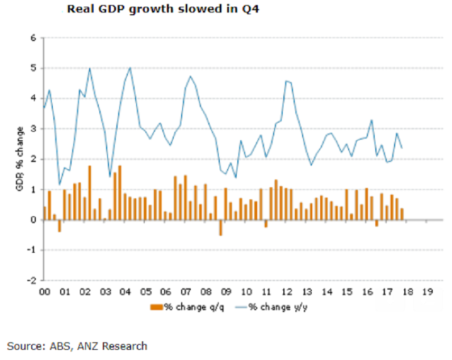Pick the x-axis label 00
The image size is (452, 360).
click(x=44, y=292)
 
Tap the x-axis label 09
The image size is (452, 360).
click(x=226, y=292)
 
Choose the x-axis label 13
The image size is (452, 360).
click(x=307, y=292)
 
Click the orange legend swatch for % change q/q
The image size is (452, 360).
click(x=156, y=307)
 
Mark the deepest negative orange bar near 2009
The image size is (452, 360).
click(x=220, y=227)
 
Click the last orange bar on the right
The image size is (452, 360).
click(x=402, y=214)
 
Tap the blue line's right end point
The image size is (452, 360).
click(x=402, y=148)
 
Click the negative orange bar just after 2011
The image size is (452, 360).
click(x=265, y=224)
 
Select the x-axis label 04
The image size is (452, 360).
click(x=125, y=292)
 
